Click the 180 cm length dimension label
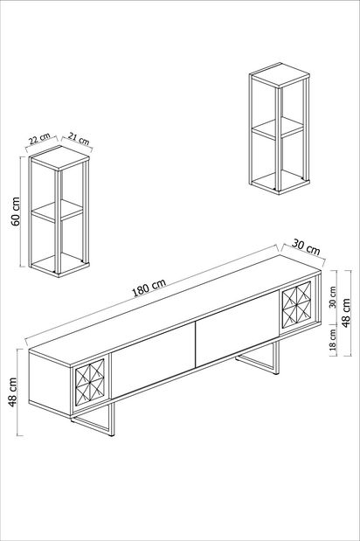point(149,286)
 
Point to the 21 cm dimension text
point(78,141)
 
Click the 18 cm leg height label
point(333,340)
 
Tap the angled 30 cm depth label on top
point(307,247)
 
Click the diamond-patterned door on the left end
point(90,384)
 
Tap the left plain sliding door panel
point(153,361)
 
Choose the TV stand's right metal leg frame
point(260,362)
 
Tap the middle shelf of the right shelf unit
point(278,128)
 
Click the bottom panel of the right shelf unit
point(278,182)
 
